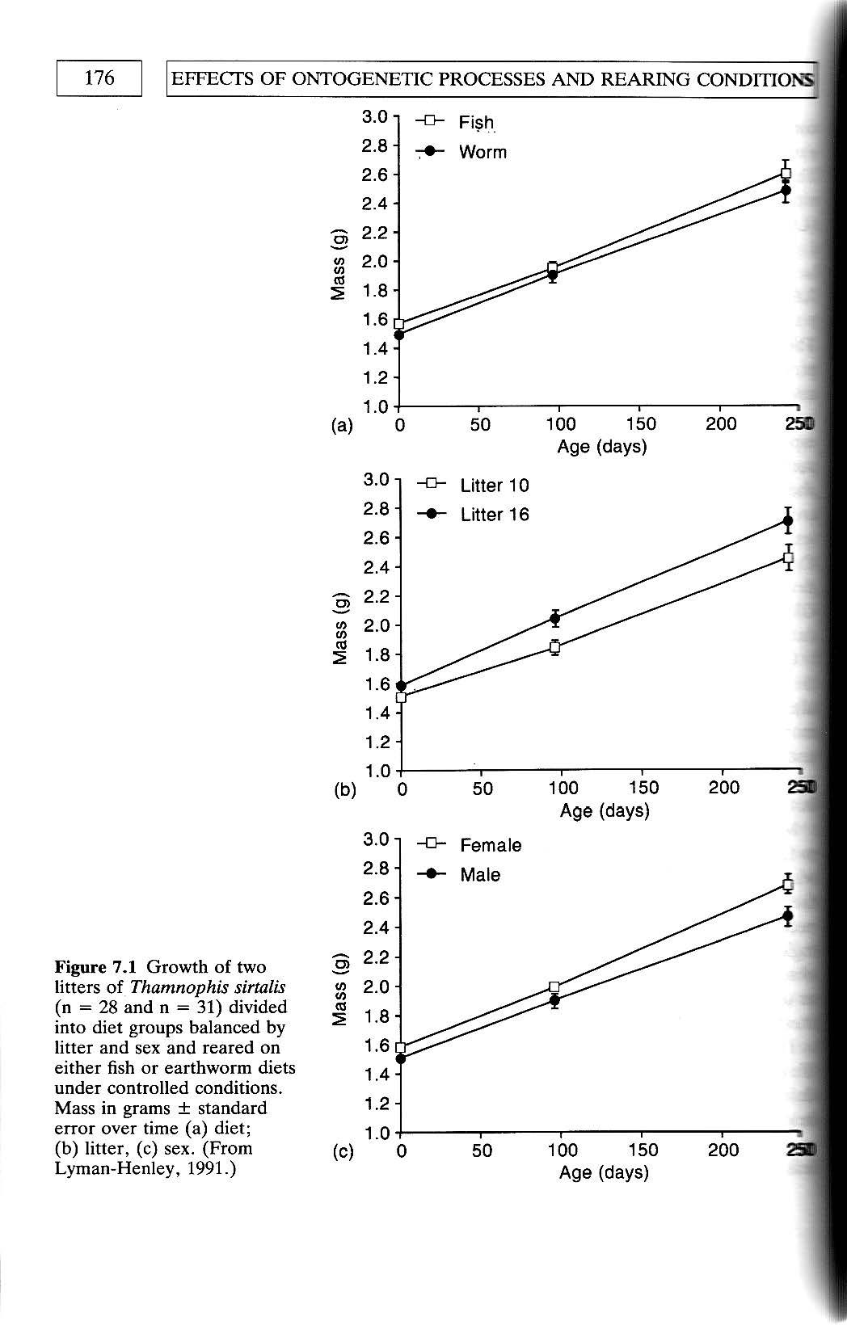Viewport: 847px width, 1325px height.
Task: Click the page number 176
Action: (x=99, y=78)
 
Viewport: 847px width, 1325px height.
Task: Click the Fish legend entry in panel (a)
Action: (x=476, y=122)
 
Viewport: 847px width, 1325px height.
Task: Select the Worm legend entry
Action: (x=482, y=152)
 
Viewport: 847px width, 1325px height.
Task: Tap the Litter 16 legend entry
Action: (x=494, y=515)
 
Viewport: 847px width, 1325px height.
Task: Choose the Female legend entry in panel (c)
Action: (x=490, y=845)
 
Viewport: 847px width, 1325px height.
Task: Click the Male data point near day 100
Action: (x=554, y=1000)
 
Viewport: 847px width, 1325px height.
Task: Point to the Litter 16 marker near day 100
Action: (x=554, y=619)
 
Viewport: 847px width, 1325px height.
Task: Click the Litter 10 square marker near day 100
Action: (x=554, y=647)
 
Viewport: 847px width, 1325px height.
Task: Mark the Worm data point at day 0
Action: (x=398, y=334)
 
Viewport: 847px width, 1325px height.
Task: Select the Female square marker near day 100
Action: (x=554, y=986)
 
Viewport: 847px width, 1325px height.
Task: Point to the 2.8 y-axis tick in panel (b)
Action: (x=377, y=508)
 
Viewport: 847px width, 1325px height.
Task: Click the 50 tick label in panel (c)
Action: (x=482, y=1150)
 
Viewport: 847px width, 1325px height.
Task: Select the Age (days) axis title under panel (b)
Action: (x=605, y=810)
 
